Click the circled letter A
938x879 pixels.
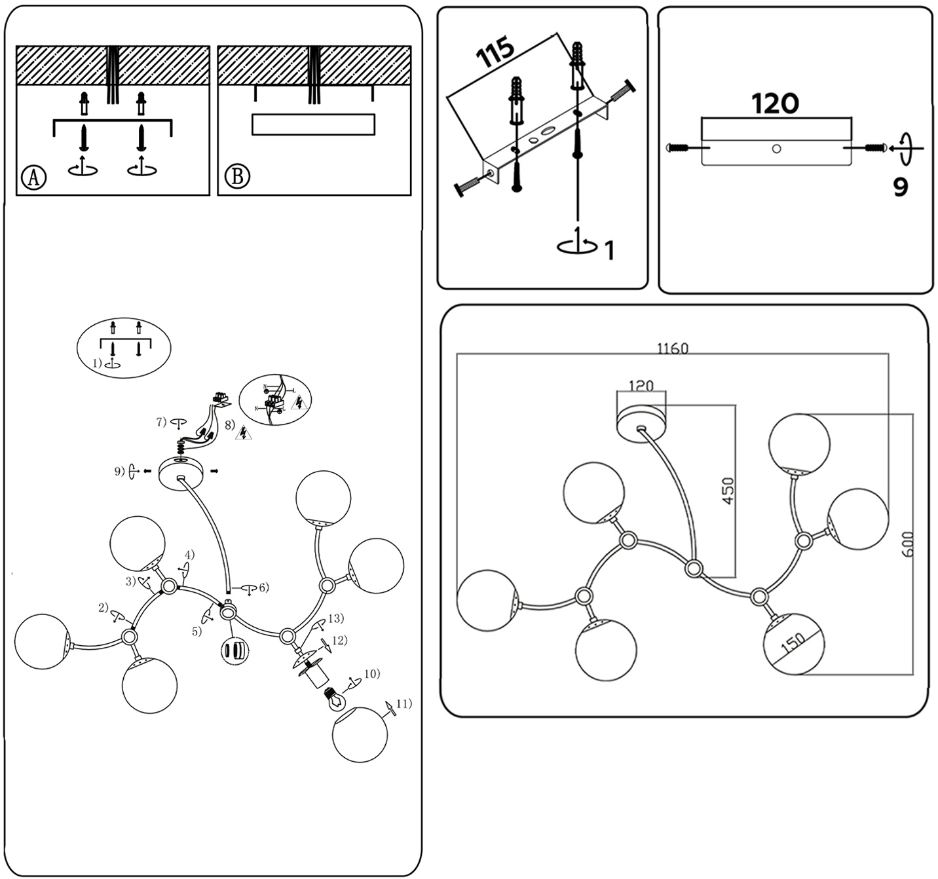point(33,178)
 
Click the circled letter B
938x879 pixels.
point(237,177)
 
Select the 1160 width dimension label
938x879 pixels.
point(673,348)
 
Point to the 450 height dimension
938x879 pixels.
point(728,491)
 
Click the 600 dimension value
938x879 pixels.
point(908,544)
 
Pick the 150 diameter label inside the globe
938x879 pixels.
point(793,645)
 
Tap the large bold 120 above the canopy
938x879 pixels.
point(775,103)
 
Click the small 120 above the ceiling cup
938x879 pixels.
point(641,386)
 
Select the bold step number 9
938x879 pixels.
point(901,187)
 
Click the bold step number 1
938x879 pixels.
point(609,250)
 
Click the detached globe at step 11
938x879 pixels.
point(360,734)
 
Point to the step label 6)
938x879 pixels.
point(263,588)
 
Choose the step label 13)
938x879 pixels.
point(336,618)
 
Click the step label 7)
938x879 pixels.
point(162,422)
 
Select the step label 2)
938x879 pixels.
point(103,607)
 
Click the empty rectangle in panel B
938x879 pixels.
point(313,124)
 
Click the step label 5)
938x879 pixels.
point(197,631)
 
